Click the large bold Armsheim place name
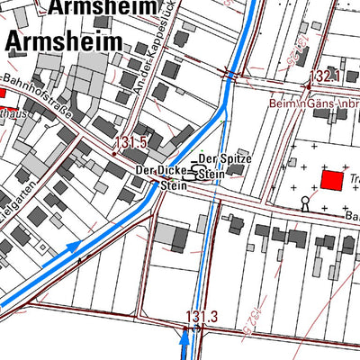pos(63,40)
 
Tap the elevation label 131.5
pos(131,142)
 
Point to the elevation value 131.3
pos(202,316)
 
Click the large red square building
pos(332,180)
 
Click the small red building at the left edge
pos(2,92)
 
